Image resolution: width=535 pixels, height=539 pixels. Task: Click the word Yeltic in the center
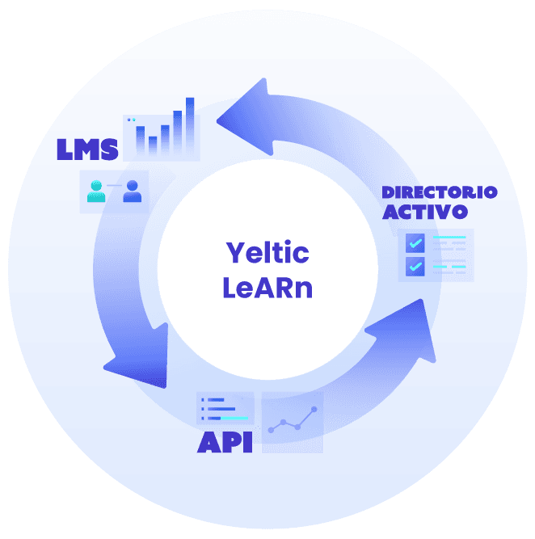click(267, 253)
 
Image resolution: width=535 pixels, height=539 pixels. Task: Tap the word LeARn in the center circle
click(267, 287)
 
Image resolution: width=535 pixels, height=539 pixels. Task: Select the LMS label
click(87, 149)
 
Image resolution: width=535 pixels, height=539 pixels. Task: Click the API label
click(225, 442)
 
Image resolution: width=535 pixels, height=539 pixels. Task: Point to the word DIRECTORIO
click(439, 192)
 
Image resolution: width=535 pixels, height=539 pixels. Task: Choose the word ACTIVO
click(425, 212)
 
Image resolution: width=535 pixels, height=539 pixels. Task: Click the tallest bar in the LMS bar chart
click(190, 125)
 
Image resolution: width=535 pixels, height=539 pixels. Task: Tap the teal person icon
click(97, 192)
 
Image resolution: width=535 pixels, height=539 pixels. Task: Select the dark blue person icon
click(133, 192)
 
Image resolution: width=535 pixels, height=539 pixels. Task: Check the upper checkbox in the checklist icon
click(415, 242)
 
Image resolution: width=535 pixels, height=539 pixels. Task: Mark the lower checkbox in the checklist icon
click(415, 266)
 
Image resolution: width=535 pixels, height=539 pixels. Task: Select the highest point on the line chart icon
click(314, 410)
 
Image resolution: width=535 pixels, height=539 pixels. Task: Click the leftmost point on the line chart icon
click(271, 430)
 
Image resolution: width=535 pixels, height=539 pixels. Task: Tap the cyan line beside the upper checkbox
click(450, 238)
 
